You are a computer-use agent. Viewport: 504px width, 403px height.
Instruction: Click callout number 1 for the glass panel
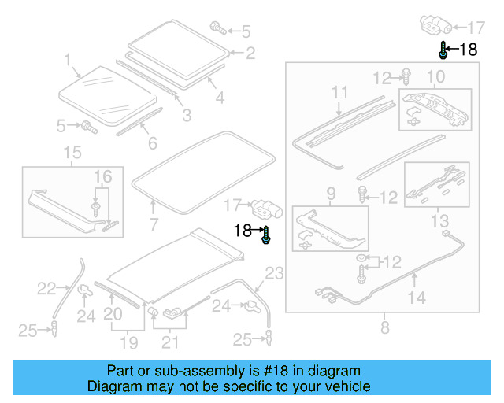(x=68, y=59)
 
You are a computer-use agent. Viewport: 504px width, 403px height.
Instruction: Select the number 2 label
(x=250, y=54)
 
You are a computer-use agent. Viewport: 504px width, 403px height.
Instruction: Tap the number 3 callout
(x=187, y=116)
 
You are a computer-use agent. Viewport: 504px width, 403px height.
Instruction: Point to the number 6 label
(x=152, y=143)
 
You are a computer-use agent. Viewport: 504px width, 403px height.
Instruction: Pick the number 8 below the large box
(x=384, y=327)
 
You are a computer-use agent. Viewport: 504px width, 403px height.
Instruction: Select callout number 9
(x=331, y=193)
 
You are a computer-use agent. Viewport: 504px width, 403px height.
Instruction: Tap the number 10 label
(x=435, y=76)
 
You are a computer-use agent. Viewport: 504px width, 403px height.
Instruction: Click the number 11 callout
(x=339, y=93)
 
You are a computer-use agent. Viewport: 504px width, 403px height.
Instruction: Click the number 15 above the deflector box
(x=72, y=151)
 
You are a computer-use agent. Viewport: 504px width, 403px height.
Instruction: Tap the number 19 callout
(x=128, y=342)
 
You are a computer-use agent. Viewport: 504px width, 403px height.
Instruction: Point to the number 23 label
(x=272, y=274)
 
